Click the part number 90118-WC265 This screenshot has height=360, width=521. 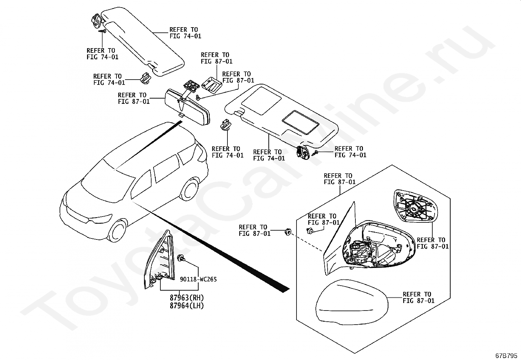coord(198,279)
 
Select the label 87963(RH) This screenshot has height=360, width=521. coord(187,298)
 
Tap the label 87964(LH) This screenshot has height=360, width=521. coord(187,306)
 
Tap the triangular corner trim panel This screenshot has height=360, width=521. coord(158,260)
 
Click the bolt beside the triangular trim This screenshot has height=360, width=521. coord(180,258)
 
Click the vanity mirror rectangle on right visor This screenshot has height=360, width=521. coord(300,122)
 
